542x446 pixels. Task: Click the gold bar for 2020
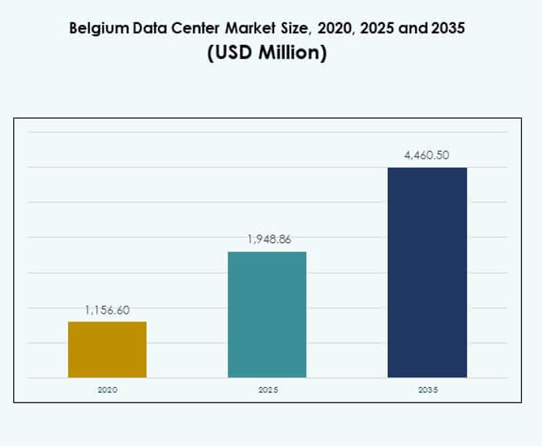(x=107, y=349)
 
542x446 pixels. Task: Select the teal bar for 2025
(x=267, y=314)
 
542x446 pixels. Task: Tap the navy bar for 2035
(x=427, y=273)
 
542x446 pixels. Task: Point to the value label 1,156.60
(x=107, y=310)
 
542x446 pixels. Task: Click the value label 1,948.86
(x=269, y=240)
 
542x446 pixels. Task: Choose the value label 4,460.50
(x=427, y=156)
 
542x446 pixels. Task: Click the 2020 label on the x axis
(x=107, y=389)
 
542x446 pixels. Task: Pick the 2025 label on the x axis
(x=268, y=389)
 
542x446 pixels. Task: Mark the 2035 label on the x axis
(x=427, y=389)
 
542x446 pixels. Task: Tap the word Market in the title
(x=253, y=29)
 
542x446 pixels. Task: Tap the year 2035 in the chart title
(x=448, y=29)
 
